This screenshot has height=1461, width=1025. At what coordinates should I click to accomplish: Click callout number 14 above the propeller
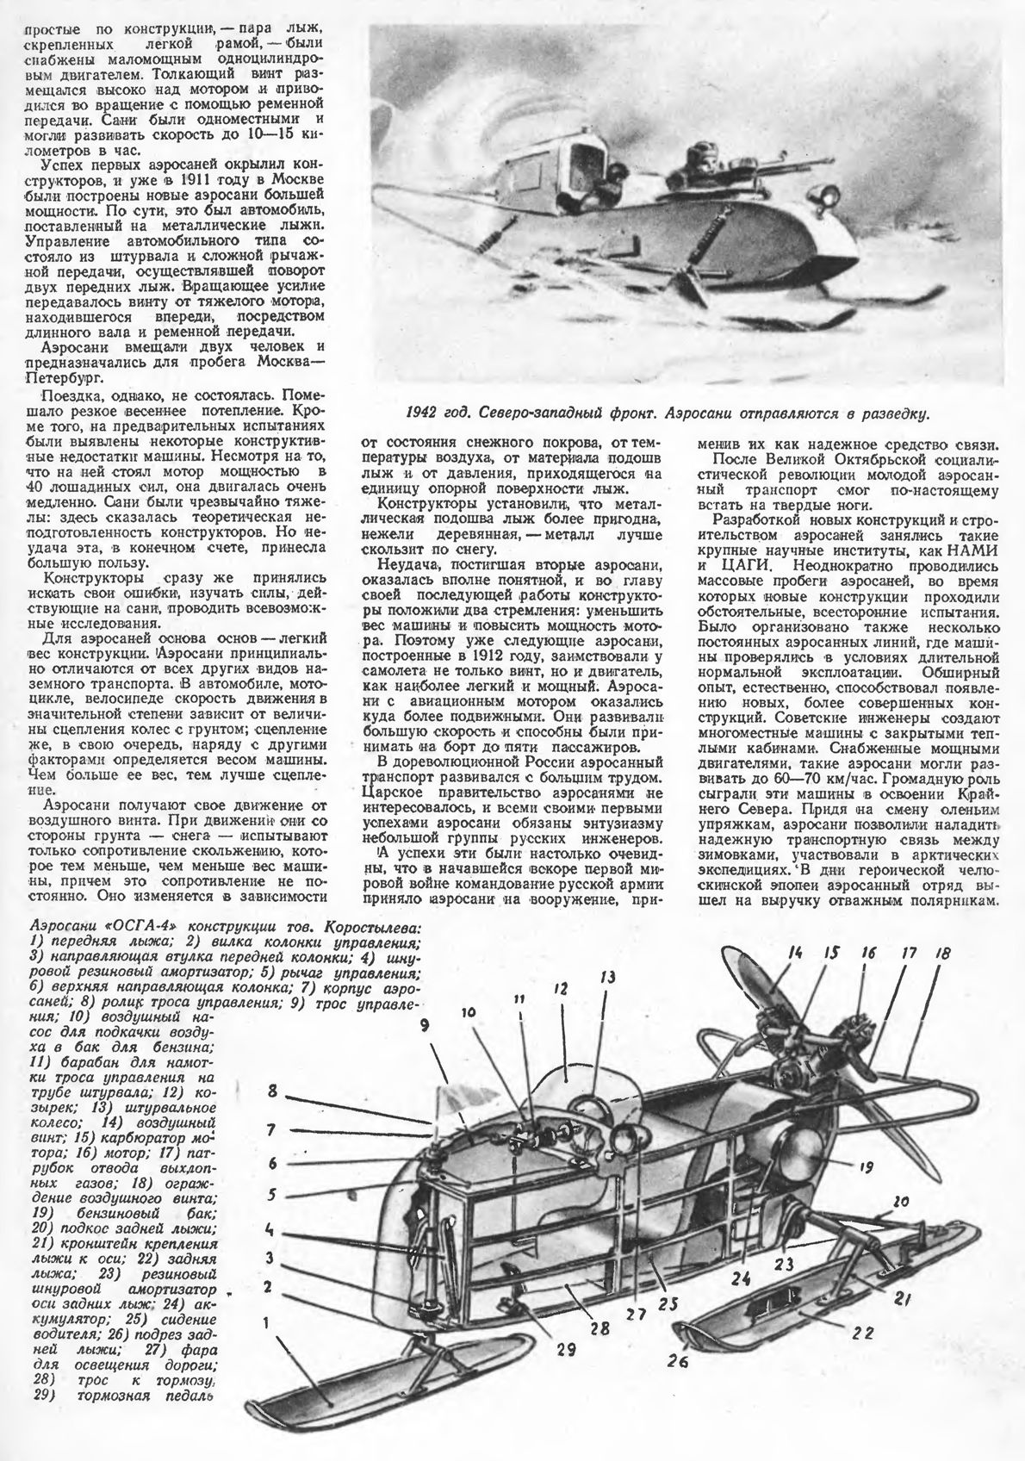coord(793,954)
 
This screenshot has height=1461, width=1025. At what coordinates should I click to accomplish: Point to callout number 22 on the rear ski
coord(863,1332)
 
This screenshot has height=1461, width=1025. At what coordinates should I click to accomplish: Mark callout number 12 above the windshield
coord(561,990)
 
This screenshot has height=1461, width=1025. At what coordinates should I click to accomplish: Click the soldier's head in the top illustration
coord(694,162)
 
